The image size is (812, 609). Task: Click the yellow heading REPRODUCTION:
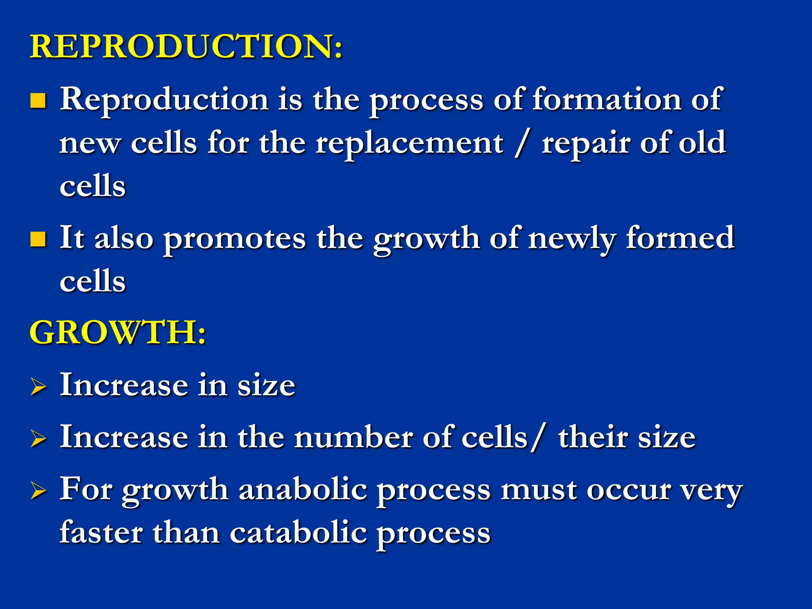coord(186,47)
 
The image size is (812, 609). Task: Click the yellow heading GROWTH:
coord(118,332)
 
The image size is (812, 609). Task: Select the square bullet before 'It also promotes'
coord(38,239)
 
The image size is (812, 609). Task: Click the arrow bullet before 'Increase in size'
coord(38,387)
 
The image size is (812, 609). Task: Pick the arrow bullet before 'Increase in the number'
coord(38,439)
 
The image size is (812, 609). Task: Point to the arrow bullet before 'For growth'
coord(38,491)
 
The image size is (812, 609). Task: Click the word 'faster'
coord(101,533)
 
